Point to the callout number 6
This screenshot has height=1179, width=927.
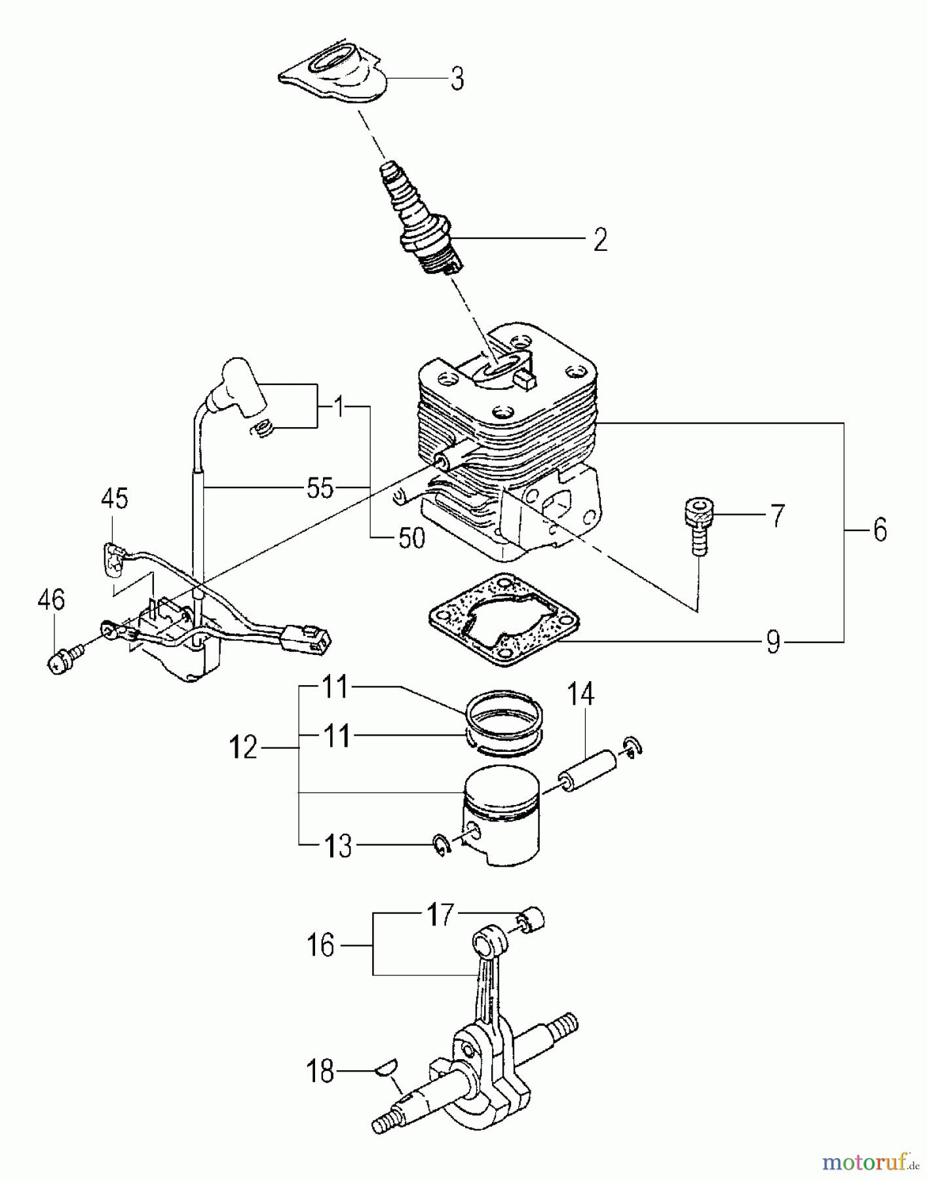pos(880,529)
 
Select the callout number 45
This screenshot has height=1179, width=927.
pos(115,499)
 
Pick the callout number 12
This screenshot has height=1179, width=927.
pos(244,747)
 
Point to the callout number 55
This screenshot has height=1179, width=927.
pos(320,488)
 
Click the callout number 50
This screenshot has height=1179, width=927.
pos(411,538)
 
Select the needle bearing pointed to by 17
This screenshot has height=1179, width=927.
pos(532,920)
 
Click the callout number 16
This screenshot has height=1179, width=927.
pos(321,945)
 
